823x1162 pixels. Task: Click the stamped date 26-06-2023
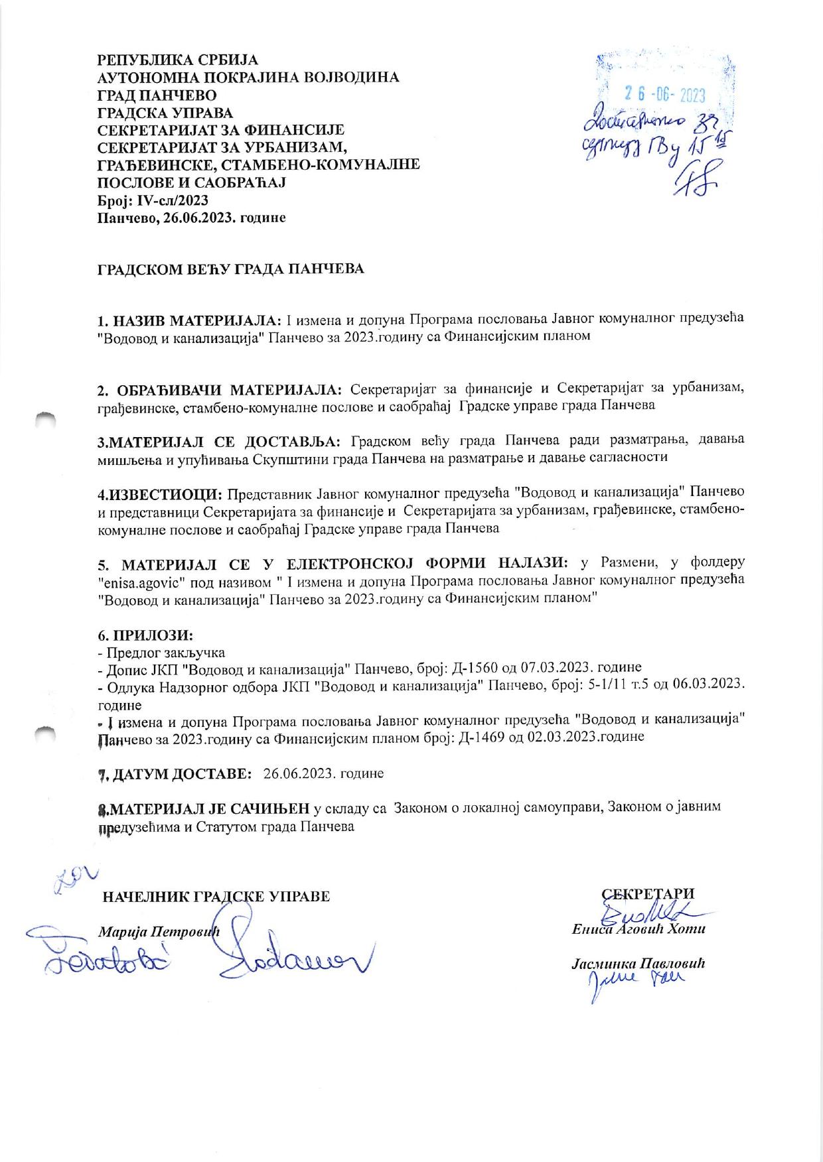[x=665, y=94]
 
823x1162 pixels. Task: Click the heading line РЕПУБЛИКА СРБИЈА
[x=178, y=60]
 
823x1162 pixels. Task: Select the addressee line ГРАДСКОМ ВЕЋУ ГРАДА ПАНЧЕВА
[x=230, y=269]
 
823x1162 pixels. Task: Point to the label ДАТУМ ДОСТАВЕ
[x=181, y=773]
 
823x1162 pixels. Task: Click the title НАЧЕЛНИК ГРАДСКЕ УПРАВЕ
[x=216, y=897]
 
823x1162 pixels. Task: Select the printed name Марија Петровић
[x=159, y=931]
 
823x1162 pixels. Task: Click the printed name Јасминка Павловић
[x=638, y=963]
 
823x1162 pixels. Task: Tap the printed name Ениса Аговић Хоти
[x=638, y=929]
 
